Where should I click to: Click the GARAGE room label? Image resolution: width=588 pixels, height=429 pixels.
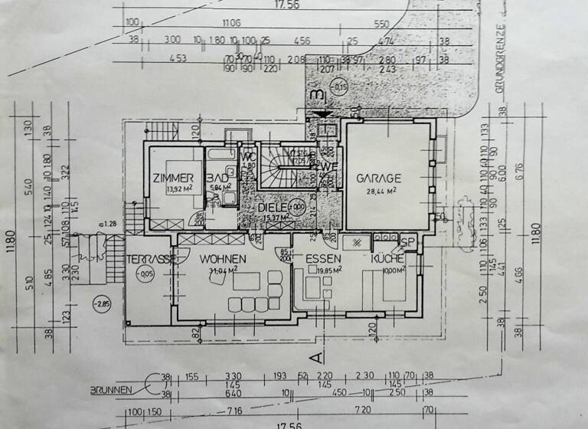(378, 178)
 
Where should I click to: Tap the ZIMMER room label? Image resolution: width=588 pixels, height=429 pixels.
(172, 178)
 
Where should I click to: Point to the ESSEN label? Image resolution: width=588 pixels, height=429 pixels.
(322, 259)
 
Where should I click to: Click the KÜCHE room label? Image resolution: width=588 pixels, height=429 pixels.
(386, 259)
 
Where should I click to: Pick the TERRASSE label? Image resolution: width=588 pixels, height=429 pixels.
(152, 259)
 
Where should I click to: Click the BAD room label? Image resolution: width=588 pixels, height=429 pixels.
(217, 178)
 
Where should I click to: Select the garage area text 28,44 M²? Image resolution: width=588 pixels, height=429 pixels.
(378, 191)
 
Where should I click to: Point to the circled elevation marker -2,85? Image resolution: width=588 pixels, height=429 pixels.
(101, 304)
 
